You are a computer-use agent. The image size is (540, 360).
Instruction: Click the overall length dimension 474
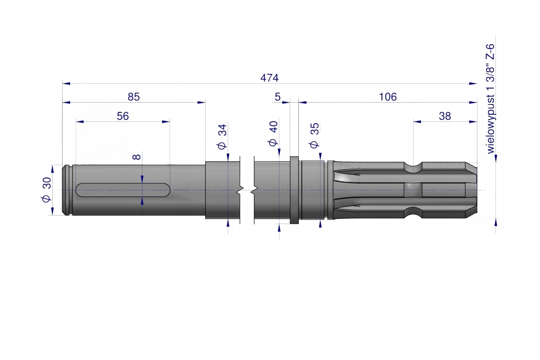pos(269,78)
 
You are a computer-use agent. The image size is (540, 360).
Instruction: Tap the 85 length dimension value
pos(134,97)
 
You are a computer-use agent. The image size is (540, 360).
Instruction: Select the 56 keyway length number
pos(123,116)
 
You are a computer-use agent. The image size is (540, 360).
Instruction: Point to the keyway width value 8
pos(136,157)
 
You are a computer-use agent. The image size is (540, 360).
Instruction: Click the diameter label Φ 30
pos(46,189)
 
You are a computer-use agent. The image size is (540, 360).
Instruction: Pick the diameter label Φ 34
pos(222,137)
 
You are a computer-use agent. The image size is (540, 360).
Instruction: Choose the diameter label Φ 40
pos(273,133)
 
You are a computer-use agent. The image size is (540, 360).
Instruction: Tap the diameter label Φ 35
pos(314,135)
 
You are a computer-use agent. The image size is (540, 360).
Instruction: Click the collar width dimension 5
pos(278,97)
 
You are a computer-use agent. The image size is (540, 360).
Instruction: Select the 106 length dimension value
pos(387,97)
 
